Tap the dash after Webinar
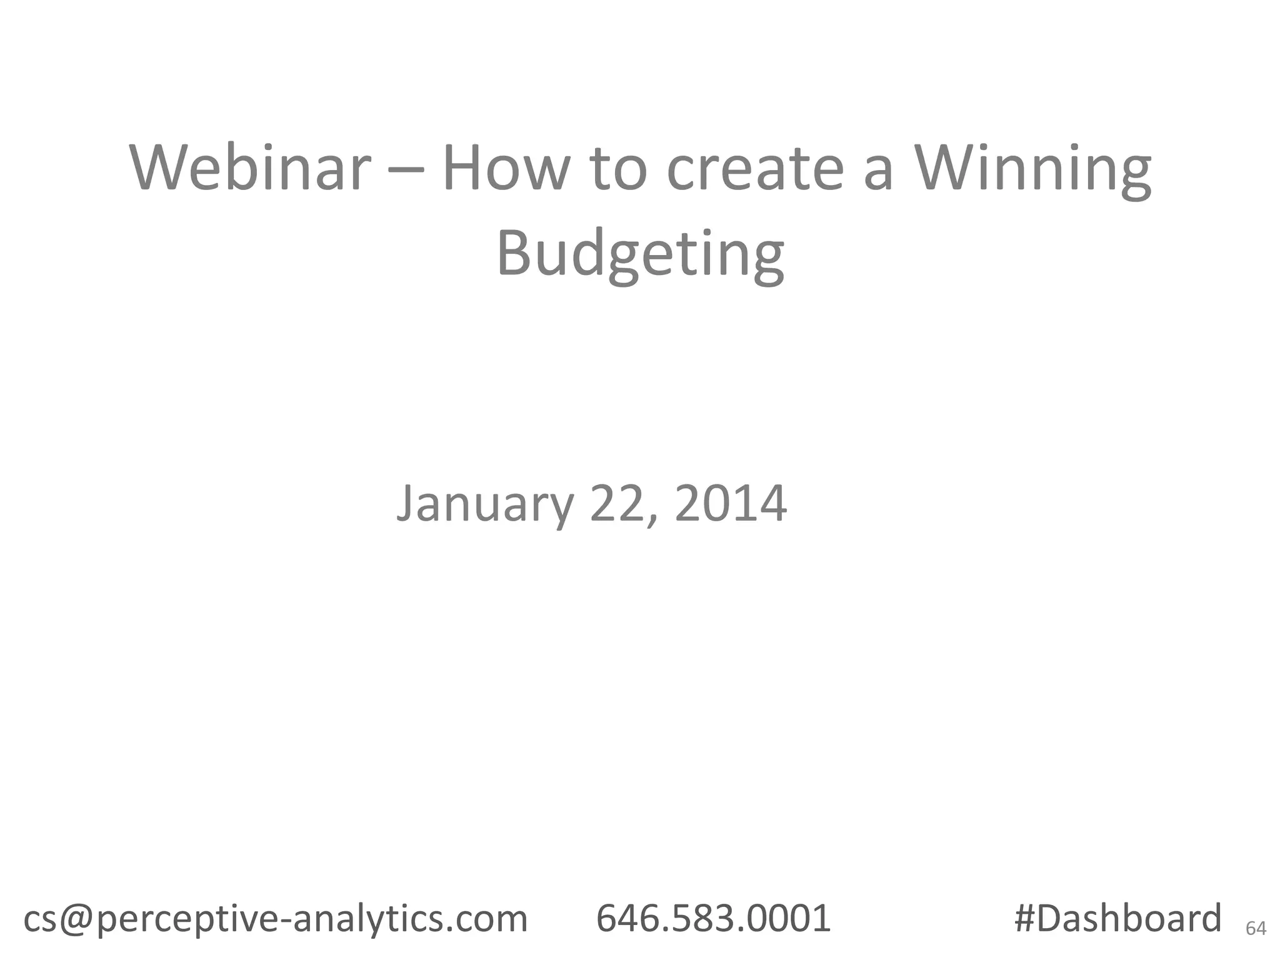[407, 170]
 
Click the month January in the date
[484, 504]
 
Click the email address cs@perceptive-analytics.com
[276, 919]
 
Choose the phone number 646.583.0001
[713, 919]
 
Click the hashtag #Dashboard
[1117, 919]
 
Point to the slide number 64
[1256, 929]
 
